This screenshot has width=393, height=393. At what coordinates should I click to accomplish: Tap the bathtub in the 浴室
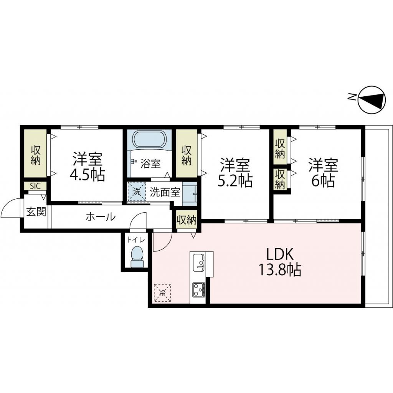click(x=150, y=140)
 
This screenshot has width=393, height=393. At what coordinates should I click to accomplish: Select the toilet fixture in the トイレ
click(x=137, y=256)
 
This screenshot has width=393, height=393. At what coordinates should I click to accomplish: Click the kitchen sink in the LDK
click(x=199, y=262)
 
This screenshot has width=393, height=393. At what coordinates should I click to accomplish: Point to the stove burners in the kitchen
click(x=198, y=289)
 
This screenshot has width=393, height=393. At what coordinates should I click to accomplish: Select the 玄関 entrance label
click(x=36, y=211)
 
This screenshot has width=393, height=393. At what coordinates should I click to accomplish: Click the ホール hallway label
click(x=100, y=217)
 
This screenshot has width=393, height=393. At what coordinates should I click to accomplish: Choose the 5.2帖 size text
click(x=235, y=180)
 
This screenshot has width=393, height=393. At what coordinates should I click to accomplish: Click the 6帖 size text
click(x=323, y=180)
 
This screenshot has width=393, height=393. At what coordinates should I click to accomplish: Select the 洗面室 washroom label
click(x=165, y=192)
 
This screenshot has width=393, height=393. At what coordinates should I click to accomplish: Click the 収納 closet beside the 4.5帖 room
click(x=35, y=154)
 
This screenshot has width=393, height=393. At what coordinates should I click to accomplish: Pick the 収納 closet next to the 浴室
click(x=187, y=154)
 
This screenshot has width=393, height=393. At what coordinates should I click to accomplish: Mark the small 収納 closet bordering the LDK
click(x=187, y=220)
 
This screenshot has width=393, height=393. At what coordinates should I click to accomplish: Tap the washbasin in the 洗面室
click(x=189, y=193)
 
